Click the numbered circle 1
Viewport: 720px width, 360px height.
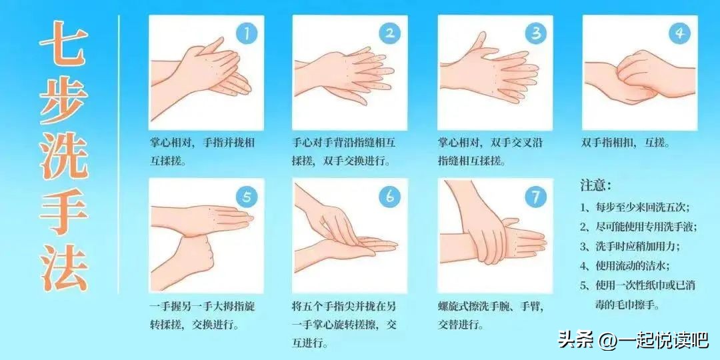coord(246,33)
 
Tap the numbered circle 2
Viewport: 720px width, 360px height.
coord(390,33)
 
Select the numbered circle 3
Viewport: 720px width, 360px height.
coord(535,33)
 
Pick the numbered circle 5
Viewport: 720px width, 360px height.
coord(246,197)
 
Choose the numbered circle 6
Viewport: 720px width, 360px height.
coord(390,197)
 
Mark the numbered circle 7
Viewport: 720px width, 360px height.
coord(535,197)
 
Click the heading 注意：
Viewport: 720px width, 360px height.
coord(595,185)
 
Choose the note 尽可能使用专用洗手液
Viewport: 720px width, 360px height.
coord(638,227)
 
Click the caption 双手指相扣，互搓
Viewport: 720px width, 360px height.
coord(625,143)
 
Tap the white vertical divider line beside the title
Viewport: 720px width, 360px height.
coord(119,153)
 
